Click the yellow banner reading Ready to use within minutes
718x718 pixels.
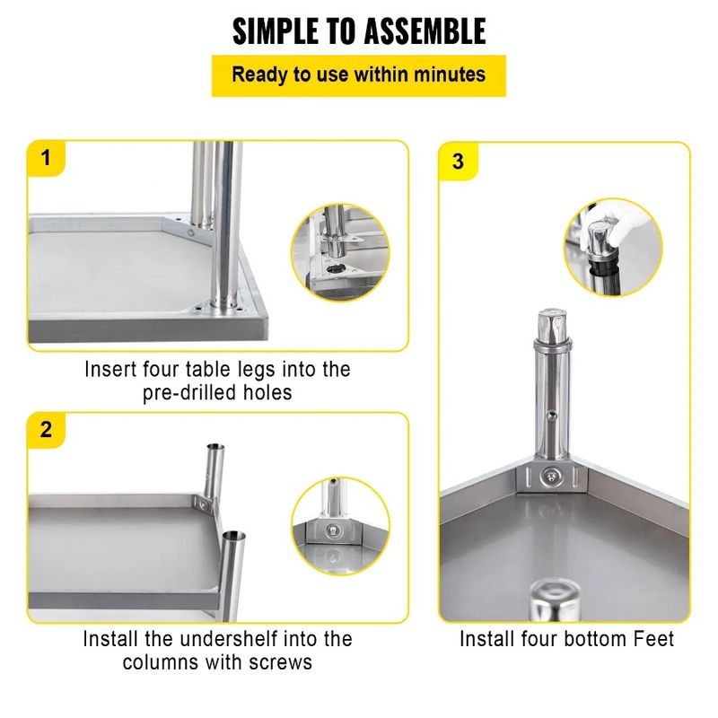[359, 74]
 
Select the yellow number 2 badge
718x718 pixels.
[47, 428]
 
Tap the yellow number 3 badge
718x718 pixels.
[459, 162]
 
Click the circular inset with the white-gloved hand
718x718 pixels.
[611, 246]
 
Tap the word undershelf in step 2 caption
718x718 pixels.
[255, 639]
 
